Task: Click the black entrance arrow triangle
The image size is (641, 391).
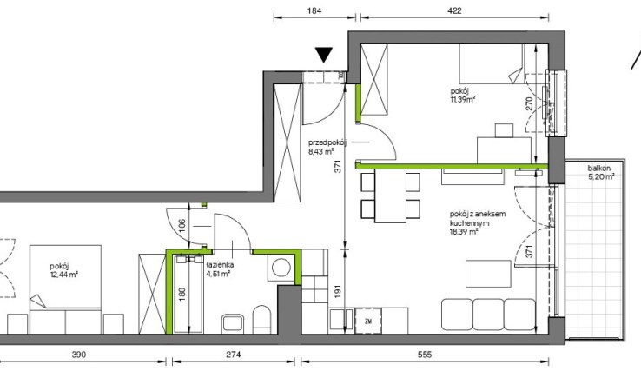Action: click(324, 55)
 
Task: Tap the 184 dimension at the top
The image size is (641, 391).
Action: click(314, 10)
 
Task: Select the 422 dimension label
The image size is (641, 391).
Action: click(454, 10)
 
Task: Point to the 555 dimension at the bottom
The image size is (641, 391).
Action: click(425, 355)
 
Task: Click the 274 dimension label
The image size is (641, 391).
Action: click(234, 355)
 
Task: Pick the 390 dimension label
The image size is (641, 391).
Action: click(79, 355)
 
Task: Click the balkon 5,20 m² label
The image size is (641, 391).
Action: click(601, 173)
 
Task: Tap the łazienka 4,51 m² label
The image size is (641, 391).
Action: click(220, 269)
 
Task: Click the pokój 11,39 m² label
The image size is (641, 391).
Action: click(463, 95)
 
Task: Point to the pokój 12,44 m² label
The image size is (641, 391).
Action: click(63, 270)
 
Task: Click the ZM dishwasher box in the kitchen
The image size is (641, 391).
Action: click(368, 321)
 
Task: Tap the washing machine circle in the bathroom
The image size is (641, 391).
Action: click(281, 268)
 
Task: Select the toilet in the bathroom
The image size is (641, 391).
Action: click(261, 319)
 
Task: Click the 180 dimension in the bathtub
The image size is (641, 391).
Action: click(182, 293)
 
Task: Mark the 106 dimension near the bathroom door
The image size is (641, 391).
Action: click(182, 224)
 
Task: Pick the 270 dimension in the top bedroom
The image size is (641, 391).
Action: click(530, 103)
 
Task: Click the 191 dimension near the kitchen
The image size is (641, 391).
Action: click(338, 291)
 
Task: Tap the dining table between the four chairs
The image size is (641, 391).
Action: click(390, 195)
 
